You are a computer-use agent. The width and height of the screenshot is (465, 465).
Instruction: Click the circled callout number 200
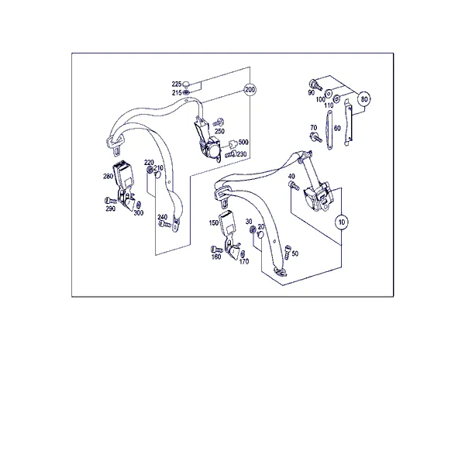pos(250,90)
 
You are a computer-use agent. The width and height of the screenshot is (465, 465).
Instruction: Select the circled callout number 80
pos(364,99)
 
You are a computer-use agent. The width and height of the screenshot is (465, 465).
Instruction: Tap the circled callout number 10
pos(342,222)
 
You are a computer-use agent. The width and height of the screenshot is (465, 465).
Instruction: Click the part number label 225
pos(177,84)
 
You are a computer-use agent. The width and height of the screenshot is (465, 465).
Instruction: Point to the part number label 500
pos(243,142)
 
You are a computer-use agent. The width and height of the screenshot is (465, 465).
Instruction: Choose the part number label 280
pos(108,177)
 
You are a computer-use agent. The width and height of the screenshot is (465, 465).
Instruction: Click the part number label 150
pos(214,222)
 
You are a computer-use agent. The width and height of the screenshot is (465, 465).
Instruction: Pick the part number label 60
pos(337,128)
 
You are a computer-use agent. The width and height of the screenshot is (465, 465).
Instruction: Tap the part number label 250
pos(219,131)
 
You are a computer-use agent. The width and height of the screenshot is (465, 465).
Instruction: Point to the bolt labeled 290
pos(110,201)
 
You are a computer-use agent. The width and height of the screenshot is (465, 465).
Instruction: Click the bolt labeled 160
pos(215,249)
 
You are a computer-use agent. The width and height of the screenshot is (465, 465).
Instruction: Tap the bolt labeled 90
pos(315,84)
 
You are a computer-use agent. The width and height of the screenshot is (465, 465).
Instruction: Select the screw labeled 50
pos(287,252)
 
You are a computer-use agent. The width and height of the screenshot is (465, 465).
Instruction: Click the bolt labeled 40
pos(294,186)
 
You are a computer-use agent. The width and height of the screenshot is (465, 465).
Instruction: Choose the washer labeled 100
pos(329,94)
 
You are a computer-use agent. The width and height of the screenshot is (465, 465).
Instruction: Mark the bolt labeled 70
pos(316,137)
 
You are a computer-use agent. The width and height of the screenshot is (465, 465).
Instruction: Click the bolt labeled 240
pos(164,225)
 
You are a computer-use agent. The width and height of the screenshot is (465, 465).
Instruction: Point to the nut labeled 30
pos(253,229)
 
